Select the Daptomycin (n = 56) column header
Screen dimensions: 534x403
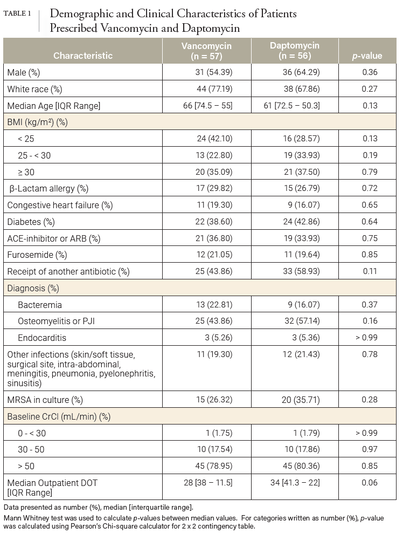[295, 50]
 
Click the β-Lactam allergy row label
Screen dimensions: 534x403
[49, 188]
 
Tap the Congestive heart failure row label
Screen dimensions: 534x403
[60, 205]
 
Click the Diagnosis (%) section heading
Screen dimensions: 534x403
[33, 288]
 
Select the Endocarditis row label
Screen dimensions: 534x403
[44, 338]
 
